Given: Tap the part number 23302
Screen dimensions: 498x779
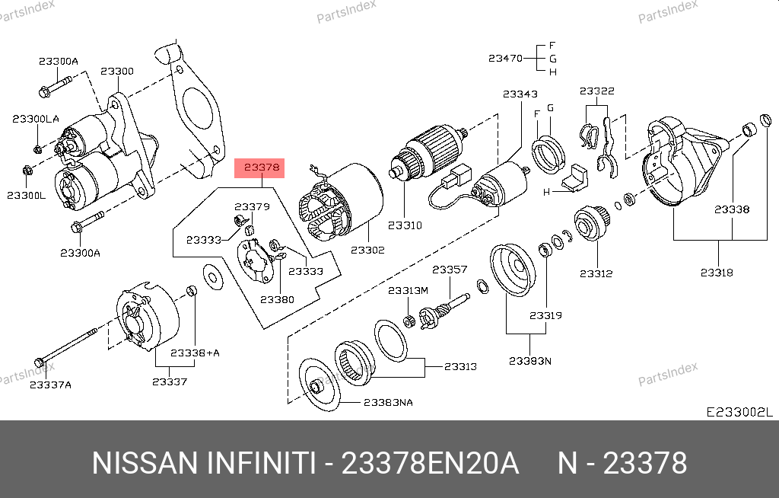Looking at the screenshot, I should point(367,250).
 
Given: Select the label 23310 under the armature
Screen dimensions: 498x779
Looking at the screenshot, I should point(404,225).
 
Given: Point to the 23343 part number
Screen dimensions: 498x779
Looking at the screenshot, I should point(520,94).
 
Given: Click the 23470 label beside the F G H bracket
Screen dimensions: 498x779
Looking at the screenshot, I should point(505,58).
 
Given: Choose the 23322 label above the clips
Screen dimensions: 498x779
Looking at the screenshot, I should point(596,91).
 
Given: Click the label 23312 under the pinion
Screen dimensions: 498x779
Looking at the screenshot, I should point(596,273).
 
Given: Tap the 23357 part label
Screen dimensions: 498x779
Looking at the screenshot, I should point(450,270).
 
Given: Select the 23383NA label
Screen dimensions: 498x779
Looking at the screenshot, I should point(388,402).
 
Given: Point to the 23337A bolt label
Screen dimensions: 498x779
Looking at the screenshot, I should point(50,385).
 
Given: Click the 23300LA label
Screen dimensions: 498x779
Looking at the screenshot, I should point(35,119).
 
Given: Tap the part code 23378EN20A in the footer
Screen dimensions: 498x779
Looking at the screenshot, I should point(430,463).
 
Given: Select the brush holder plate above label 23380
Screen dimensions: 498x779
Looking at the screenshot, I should point(256,256).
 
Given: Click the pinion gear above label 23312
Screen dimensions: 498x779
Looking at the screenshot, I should point(588,222).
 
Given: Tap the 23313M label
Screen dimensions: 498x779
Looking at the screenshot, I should point(409,290).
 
